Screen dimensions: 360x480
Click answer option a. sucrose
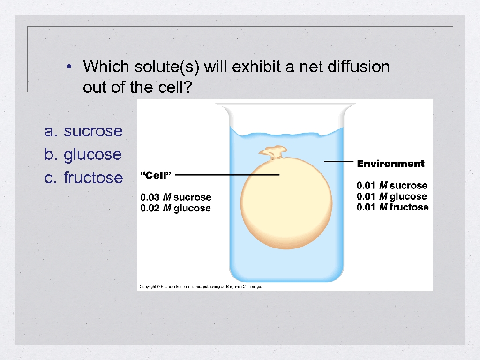click(83, 131)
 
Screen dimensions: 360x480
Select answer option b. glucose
click(83, 154)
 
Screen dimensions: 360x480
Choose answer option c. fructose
click(83, 178)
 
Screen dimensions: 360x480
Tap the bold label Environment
click(390, 164)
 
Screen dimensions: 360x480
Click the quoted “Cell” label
click(156, 175)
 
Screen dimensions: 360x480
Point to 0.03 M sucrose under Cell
click(176, 197)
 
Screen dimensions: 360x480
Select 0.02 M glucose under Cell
click(175, 208)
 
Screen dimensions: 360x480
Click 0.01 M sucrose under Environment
click(392, 186)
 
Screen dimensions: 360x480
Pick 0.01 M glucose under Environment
click(392, 196)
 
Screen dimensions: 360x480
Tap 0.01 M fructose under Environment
click(392, 207)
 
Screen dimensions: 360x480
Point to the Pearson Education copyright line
click(201, 286)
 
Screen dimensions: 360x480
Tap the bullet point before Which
click(69, 67)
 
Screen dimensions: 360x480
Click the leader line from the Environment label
click(338, 161)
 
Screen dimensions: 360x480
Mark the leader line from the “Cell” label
click(227, 175)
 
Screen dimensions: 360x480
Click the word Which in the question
click(106, 67)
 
